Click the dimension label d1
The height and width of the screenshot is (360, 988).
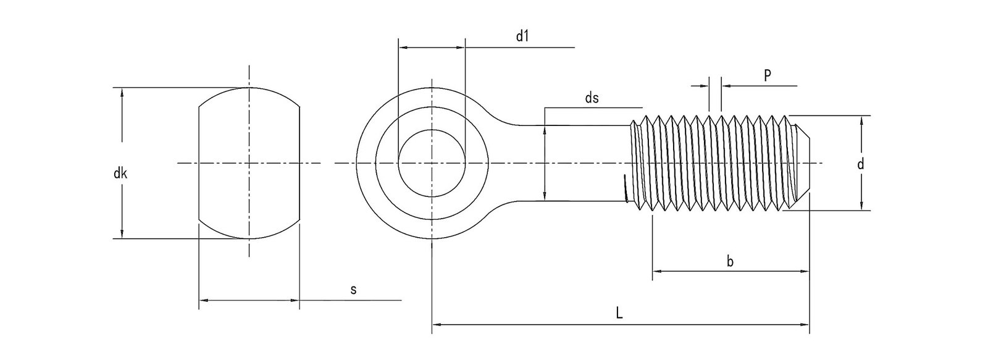pos(522,36)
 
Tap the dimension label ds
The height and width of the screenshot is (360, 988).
pos(592,98)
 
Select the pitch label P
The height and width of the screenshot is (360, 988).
pos(767,75)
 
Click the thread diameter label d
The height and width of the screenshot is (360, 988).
pos(860,164)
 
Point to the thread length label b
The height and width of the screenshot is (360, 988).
pos(730,262)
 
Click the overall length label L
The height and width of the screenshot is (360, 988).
pos(619,313)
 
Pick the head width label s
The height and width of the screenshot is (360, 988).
pos(353,290)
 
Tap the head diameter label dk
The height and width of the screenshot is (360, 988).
pos(120,174)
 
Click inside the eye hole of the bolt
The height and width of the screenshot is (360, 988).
pos(432,163)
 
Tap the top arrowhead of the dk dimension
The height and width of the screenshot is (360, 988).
pos(122,91)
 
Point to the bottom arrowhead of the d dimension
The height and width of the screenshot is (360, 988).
pos(860,206)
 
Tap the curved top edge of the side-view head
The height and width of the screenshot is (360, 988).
pos(249,88)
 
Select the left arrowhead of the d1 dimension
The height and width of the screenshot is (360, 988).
pos(403,47)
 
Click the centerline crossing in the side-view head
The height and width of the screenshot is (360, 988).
pos(249,163)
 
